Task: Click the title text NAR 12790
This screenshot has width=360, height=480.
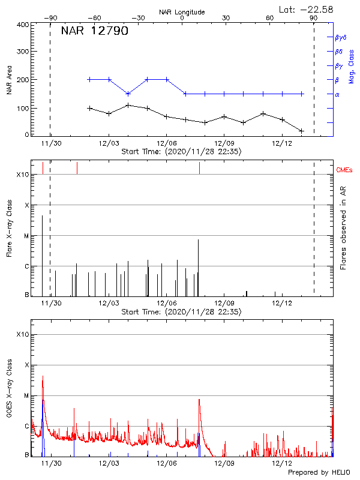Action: [94, 31]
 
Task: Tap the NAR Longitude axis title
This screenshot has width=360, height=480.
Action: [182, 12]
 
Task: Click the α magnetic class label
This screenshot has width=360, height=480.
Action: [337, 94]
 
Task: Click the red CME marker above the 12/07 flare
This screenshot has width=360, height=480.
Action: [199, 168]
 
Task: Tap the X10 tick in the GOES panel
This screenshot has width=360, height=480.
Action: [22, 334]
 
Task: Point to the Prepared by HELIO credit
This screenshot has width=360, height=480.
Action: [318, 473]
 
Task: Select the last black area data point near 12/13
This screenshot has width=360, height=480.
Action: [301, 131]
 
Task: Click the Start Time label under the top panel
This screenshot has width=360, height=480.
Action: [181, 152]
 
